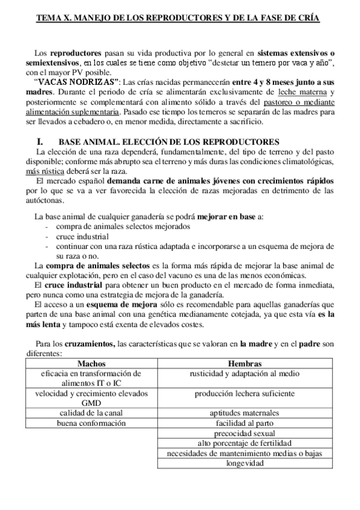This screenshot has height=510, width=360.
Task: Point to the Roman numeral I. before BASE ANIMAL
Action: pos(41,140)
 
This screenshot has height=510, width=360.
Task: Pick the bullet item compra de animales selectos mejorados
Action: pos(123,227)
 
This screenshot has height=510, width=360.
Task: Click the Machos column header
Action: pos(91,363)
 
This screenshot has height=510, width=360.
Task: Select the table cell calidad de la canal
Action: pos(91,413)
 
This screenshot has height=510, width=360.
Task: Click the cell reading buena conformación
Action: pos(91,423)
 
